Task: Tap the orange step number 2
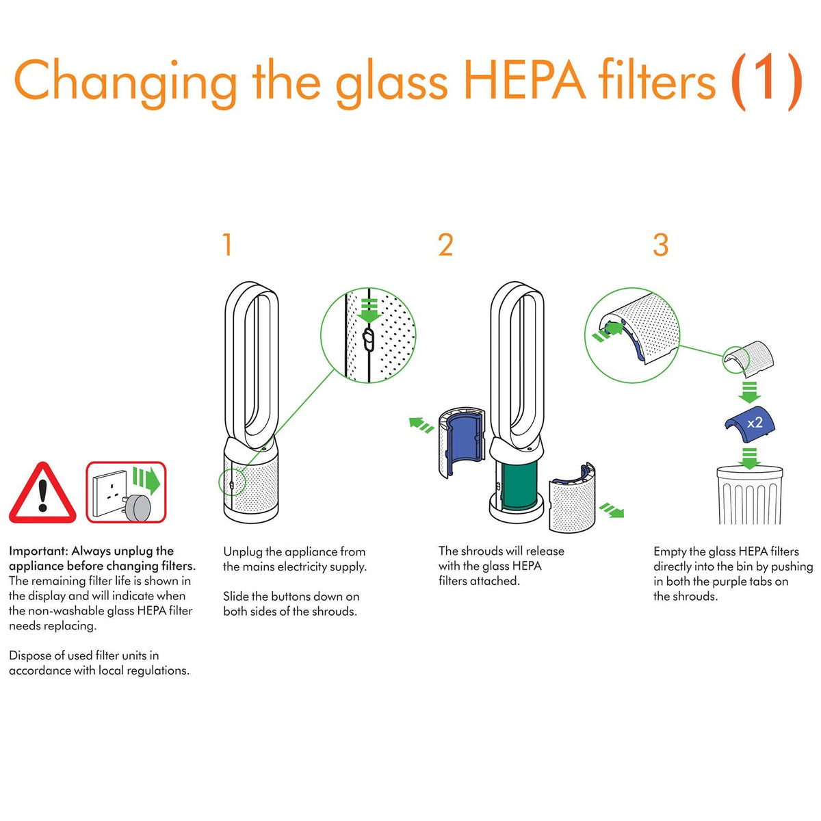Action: pyautogui.click(x=445, y=245)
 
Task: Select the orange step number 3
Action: pyautogui.click(x=661, y=245)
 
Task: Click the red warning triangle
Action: pyautogui.click(x=42, y=493)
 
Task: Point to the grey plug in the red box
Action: pyautogui.click(x=138, y=508)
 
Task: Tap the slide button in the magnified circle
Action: pyautogui.click(x=368, y=339)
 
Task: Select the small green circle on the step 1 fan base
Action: pyautogui.click(x=232, y=482)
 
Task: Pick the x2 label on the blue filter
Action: pyautogui.click(x=755, y=423)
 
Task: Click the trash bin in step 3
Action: pyautogui.click(x=749, y=495)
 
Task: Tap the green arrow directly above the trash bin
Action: pyautogui.click(x=749, y=458)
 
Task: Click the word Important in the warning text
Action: pyautogui.click(x=38, y=551)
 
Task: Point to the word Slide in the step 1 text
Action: pyautogui.click(x=235, y=596)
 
